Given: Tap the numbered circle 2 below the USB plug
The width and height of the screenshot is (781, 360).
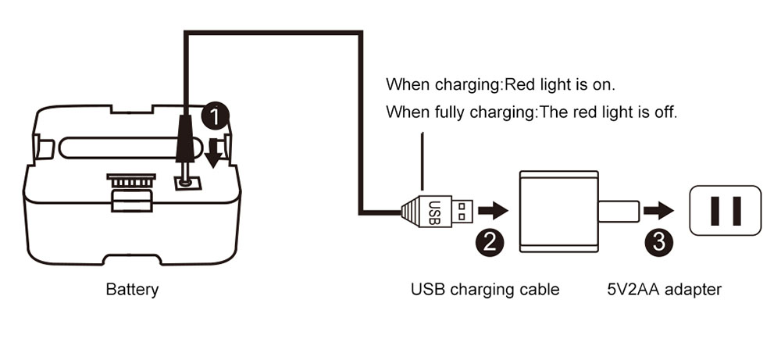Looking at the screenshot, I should [x=490, y=241].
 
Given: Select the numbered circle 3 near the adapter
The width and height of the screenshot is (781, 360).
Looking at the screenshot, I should [x=660, y=241].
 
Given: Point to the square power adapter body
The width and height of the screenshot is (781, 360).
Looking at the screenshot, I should [x=555, y=212].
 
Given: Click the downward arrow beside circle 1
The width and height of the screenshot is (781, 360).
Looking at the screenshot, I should [x=213, y=151].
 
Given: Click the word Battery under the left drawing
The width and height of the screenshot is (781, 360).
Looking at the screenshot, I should [x=132, y=290].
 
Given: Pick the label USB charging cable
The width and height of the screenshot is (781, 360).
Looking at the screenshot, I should [x=485, y=290].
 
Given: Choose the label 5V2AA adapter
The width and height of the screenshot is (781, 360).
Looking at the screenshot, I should [x=664, y=290].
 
